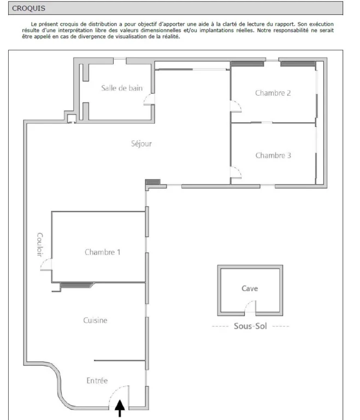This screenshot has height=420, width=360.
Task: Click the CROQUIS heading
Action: [x=28, y=8]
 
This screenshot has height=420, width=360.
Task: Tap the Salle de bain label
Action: [x=122, y=88]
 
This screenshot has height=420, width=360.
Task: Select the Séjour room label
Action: [x=141, y=144]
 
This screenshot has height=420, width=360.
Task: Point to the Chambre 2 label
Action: [x=273, y=93]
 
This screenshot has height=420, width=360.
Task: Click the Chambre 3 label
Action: [x=273, y=155]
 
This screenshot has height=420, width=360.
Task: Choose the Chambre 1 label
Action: [x=103, y=252]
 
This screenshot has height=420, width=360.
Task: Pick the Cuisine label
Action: [x=95, y=320]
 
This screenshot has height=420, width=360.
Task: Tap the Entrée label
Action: [x=97, y=381]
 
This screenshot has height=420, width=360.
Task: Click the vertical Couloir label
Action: [x=40, y=244]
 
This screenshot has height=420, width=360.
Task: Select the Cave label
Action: [x=250, y=289]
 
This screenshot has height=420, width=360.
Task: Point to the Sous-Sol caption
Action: [x=250, y=326]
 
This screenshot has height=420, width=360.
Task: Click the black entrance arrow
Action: [x=120, y=409]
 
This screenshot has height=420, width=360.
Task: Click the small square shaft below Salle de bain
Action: [x=72, y=118]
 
